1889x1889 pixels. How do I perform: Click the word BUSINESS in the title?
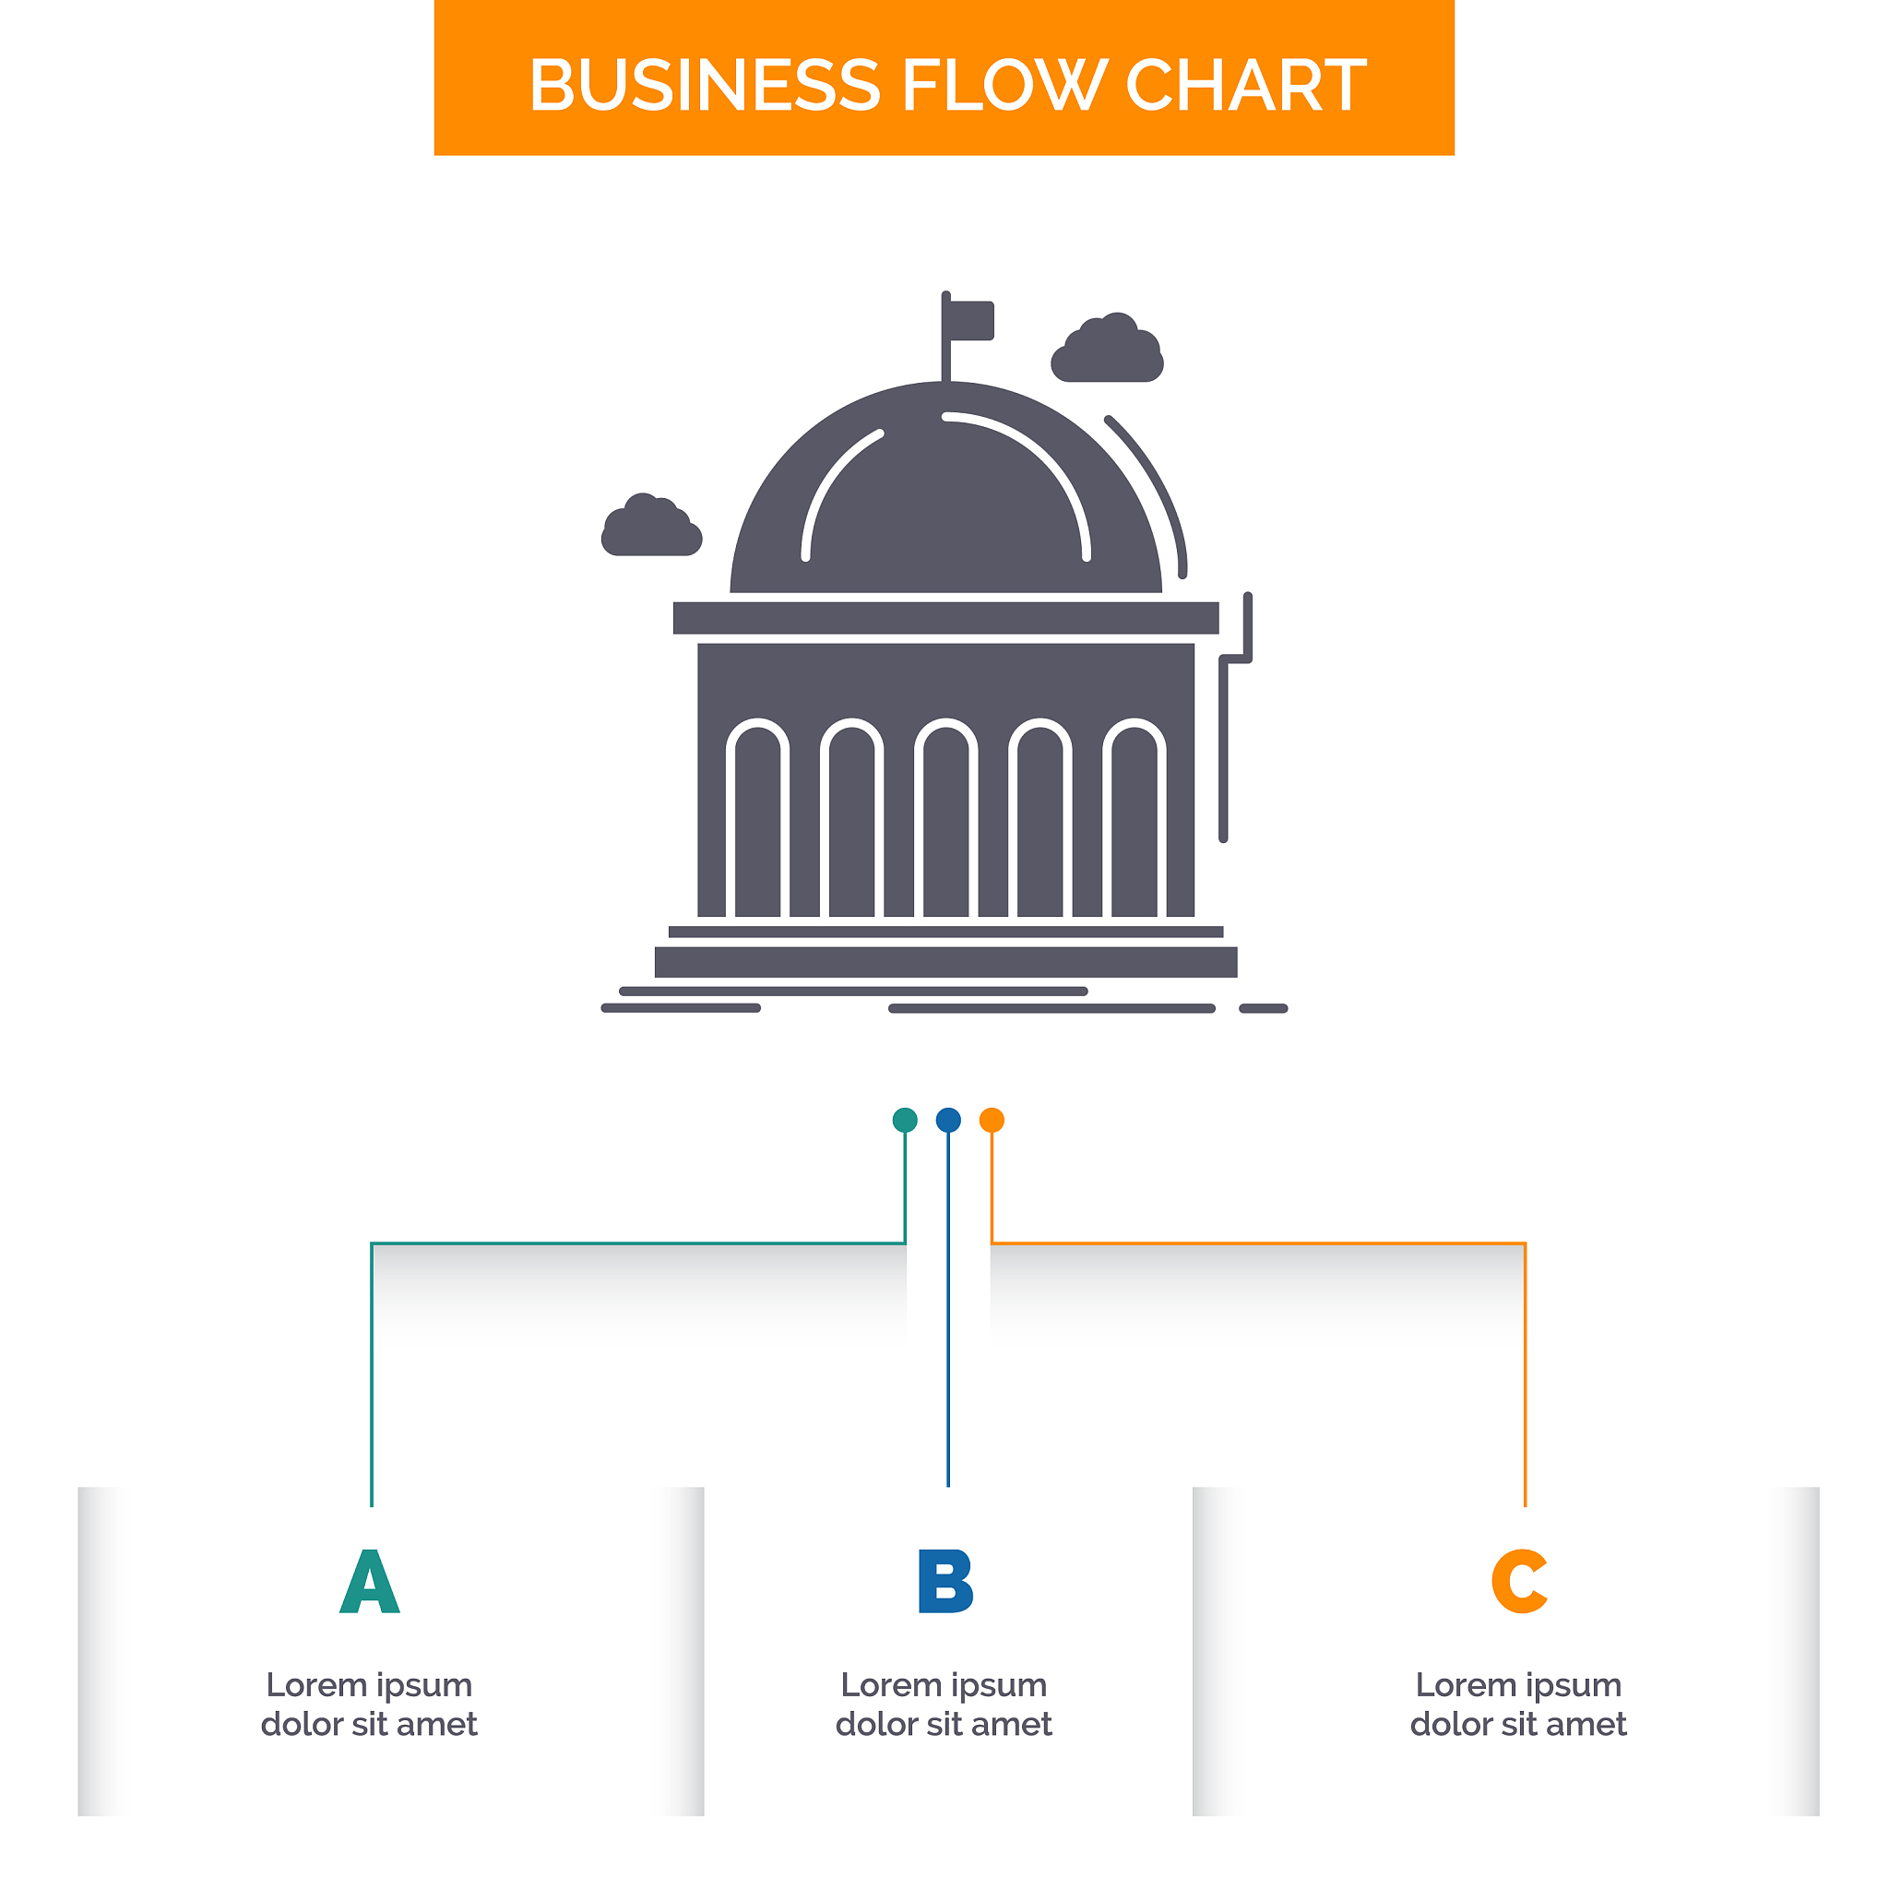704,85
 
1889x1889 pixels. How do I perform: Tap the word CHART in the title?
1247,85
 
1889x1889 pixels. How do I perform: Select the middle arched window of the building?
946,817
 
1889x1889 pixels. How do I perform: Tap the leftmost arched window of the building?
758,817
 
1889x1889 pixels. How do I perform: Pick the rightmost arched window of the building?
1135,817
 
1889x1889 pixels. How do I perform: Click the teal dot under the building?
906,1120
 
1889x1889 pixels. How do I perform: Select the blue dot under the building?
948,1120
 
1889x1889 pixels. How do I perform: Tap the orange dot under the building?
992,1120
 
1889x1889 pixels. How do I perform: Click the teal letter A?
370,1581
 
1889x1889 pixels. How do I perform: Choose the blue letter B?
945,1581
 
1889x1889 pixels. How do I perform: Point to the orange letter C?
1519,1581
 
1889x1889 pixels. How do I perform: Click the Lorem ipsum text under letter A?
370,1705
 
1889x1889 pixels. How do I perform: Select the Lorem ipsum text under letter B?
944,1705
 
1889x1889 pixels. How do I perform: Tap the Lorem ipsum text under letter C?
1518,1705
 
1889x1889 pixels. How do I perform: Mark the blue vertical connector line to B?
948,1309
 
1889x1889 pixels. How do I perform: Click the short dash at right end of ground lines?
1264,1008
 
